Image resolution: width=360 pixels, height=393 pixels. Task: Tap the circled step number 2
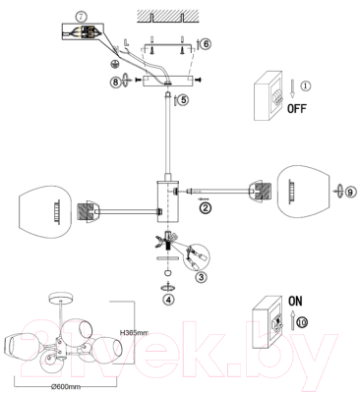point(206,207)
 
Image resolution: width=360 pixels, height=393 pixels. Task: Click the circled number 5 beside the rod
point(182,98)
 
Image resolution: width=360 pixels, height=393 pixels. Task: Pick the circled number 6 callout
point(205,43)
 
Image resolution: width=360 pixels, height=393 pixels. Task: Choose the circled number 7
point(79,11)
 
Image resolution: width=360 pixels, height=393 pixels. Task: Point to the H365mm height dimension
point(134,332)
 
